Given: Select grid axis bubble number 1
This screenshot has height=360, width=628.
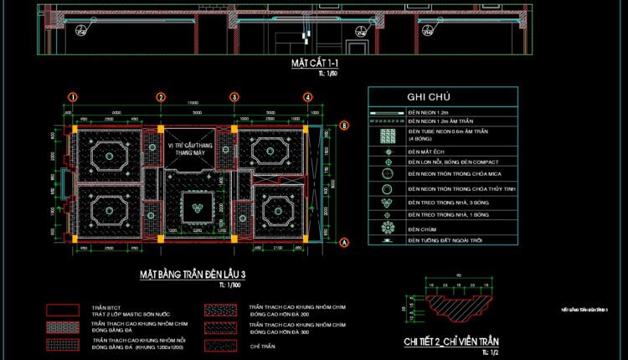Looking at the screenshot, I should tap(73, 97).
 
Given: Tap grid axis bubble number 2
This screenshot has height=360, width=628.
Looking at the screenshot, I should tap(160, 97).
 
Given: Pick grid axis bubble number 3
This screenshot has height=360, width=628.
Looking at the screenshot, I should tap(234, 97).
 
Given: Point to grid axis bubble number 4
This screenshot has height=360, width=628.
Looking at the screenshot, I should tap(307, 97).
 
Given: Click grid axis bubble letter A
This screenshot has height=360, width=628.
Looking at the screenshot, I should tap(343, 242).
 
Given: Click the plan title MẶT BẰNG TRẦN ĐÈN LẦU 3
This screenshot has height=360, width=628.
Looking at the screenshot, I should tap(192, 274).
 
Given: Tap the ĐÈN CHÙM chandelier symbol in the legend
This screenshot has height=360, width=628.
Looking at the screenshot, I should tap(387, 228).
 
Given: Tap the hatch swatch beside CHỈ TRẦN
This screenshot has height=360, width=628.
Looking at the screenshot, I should tap(220, 346).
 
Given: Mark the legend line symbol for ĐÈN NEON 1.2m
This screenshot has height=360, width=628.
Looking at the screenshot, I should tap(387, 112).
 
